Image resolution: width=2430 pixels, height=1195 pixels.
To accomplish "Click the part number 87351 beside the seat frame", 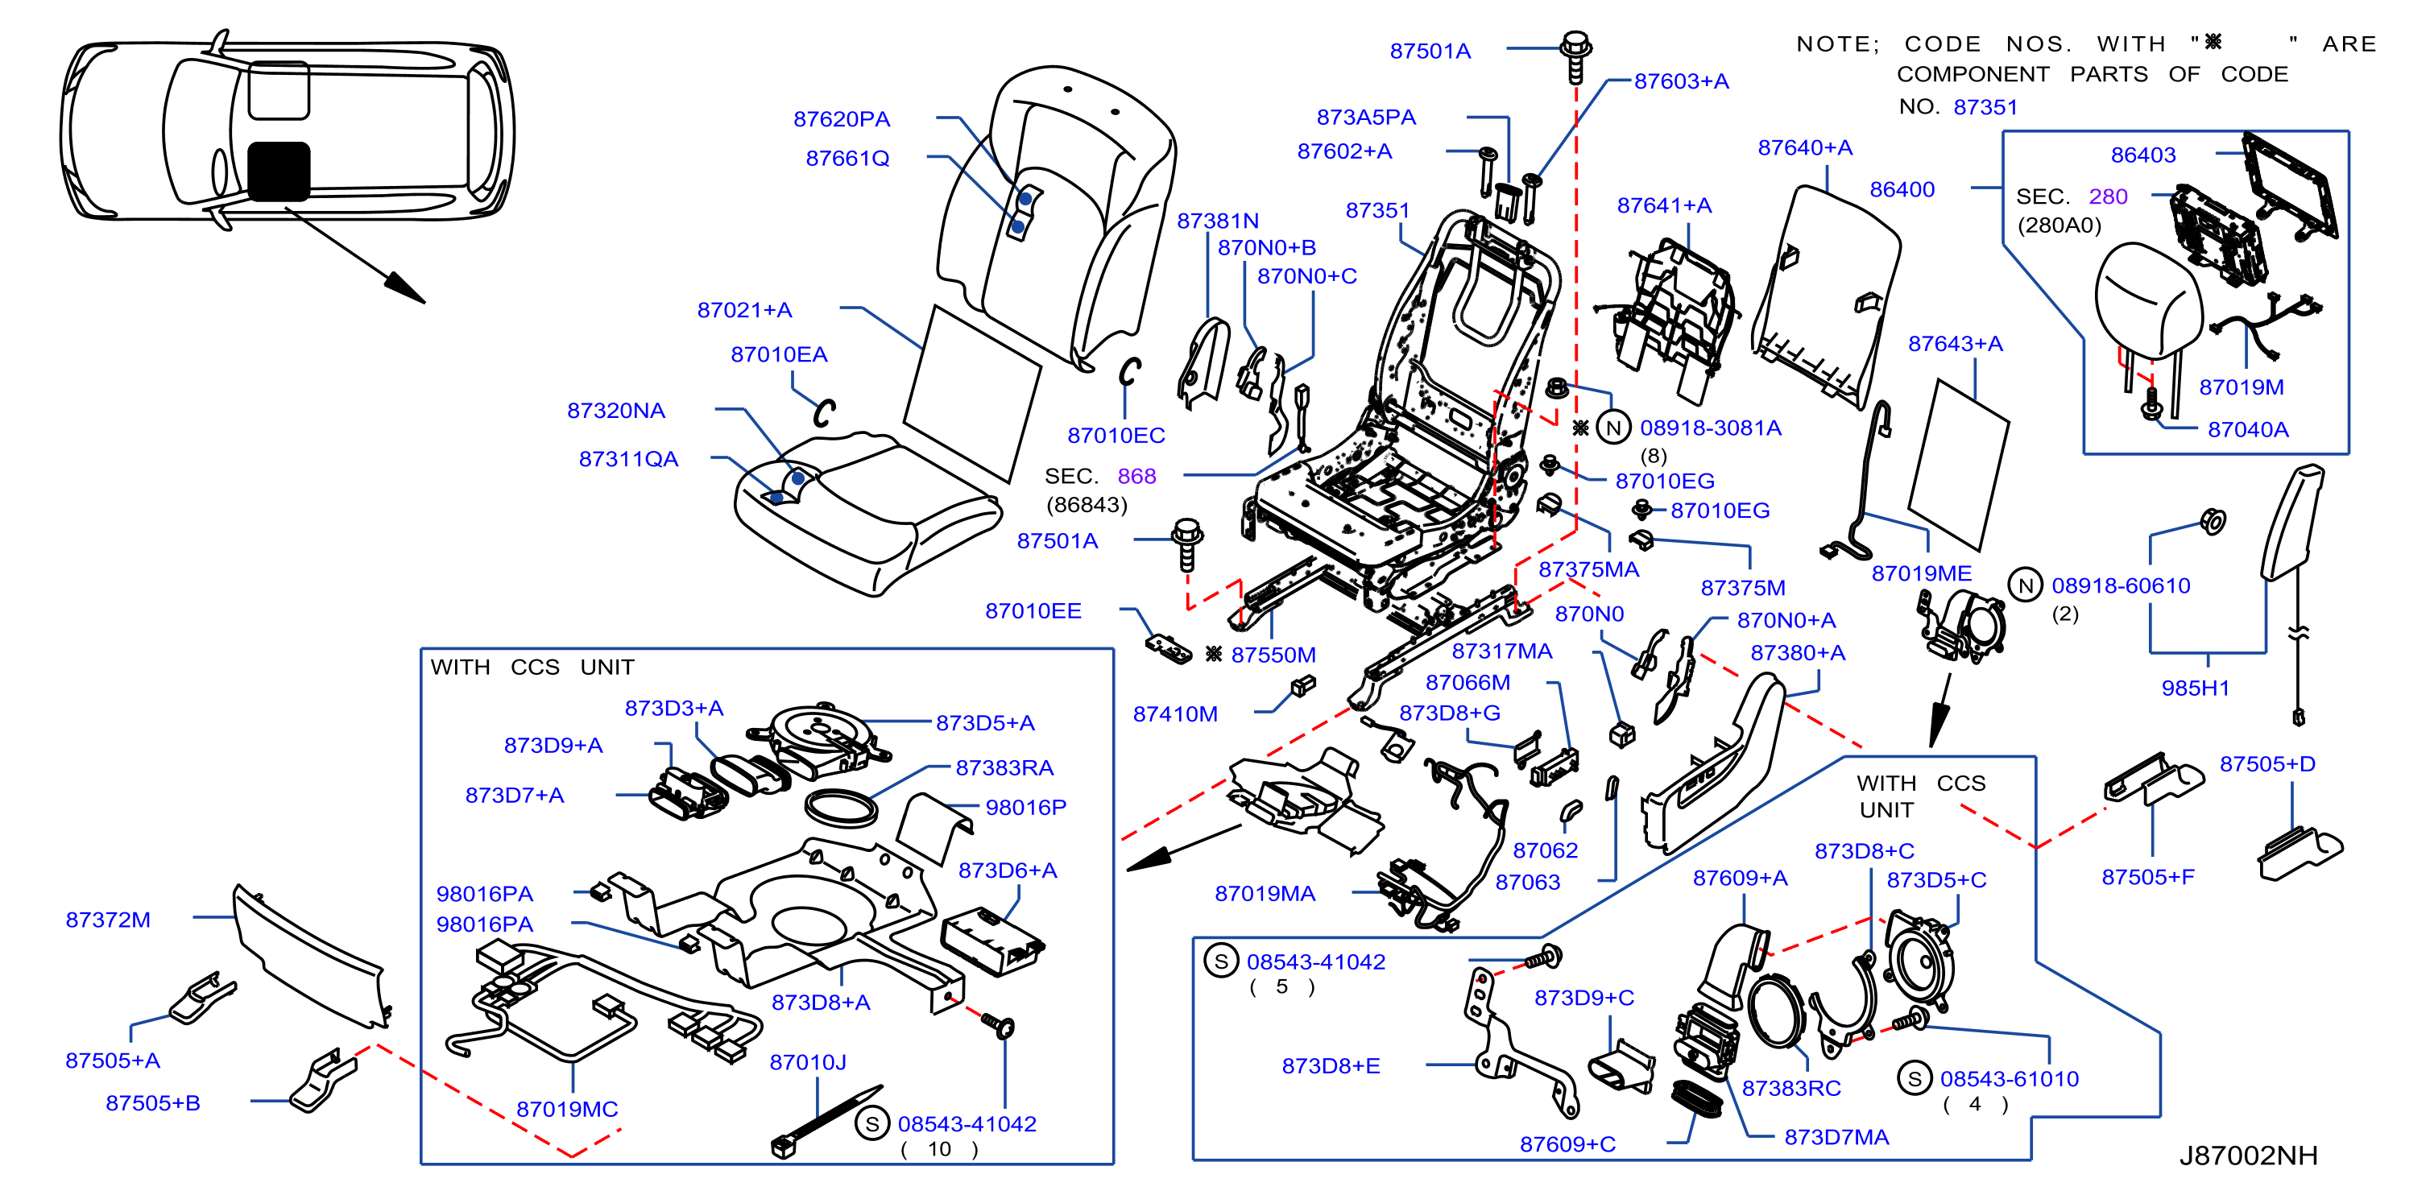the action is click(x=1377, y=210).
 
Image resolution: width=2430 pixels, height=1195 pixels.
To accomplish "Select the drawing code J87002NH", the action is click(x=2248, y=1156).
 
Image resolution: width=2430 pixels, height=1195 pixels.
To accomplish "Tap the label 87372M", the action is click(x=109, y=920).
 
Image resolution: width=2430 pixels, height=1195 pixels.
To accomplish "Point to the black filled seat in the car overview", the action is click(x=279, y=172).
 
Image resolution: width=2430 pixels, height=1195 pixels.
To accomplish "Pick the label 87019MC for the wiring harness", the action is click(x=567, y=1109).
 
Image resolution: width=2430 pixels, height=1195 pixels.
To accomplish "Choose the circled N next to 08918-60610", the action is click(x=2026, y=585).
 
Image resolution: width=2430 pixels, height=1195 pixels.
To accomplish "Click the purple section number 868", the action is click(x=1136, y=476).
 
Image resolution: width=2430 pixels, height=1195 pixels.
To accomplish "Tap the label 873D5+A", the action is click(x=985, y=723).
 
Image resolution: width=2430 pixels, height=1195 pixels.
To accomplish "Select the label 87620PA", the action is click(x=842, y=119).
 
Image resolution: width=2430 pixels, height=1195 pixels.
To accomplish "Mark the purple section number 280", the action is click(x=2109, y=196).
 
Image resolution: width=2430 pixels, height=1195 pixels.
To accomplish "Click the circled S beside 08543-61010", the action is click(x=1914, y=1079).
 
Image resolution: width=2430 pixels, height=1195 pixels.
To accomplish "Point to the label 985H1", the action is click(x=2195, y=688).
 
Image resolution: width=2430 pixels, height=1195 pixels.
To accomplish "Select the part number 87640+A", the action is click(x=1804, y=148).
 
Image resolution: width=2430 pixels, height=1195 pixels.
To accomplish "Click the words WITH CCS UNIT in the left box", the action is click(x=532, y=668).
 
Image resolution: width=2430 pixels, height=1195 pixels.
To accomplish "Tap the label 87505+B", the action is click(x=153, y=1102).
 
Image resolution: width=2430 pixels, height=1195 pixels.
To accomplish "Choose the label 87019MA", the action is click(x=1265, y=893).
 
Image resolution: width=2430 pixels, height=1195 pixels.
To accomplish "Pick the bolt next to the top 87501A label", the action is click(x=1576, y=56).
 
